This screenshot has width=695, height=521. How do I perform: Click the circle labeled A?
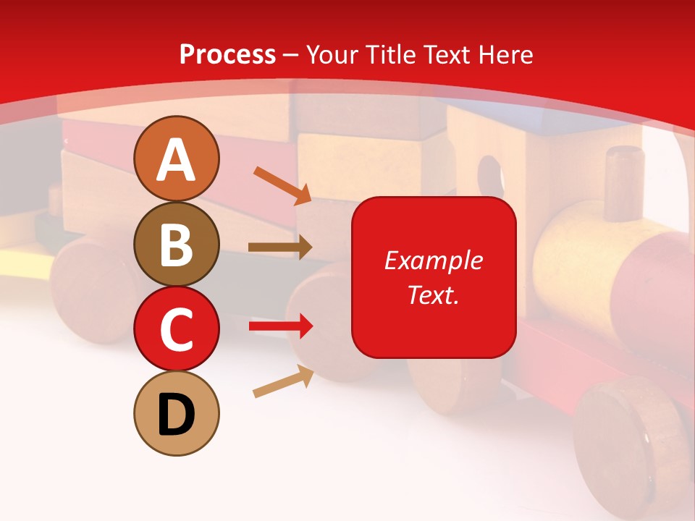(176, 158)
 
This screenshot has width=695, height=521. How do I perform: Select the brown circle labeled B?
(176, 244)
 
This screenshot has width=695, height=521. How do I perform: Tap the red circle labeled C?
(176, 329)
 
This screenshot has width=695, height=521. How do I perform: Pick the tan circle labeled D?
(176, 413)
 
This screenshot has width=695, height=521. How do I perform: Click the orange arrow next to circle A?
(282, 185)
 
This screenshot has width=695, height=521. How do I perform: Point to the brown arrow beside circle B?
(279, 247)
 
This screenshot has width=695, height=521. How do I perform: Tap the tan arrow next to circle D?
(283, 381)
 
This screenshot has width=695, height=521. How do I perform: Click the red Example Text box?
(434, 277)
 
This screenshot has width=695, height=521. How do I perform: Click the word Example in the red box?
(434, 260)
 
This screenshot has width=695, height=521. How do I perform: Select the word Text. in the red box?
(434, 295)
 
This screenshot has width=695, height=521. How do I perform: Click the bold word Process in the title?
(227, 54)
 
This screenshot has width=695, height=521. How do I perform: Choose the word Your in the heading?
(332, 54)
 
